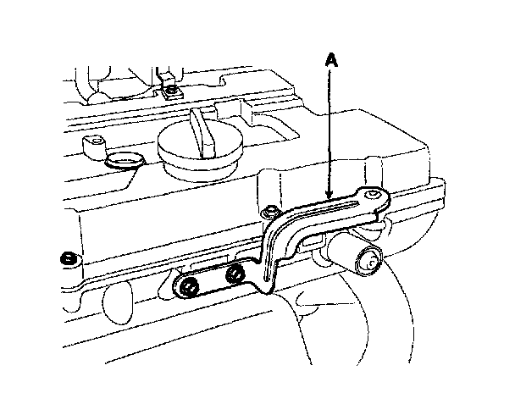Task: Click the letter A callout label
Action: pyautogui.click(x=332, y=60)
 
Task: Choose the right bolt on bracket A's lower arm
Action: pyautogui.click(x=236, y=273)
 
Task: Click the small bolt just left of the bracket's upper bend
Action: pyautogui.click(x=269, y=211)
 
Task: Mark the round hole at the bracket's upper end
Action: pyautogui.click(x=374, y=196)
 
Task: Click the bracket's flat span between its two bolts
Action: pyautogui.click(x=213, y=280)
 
